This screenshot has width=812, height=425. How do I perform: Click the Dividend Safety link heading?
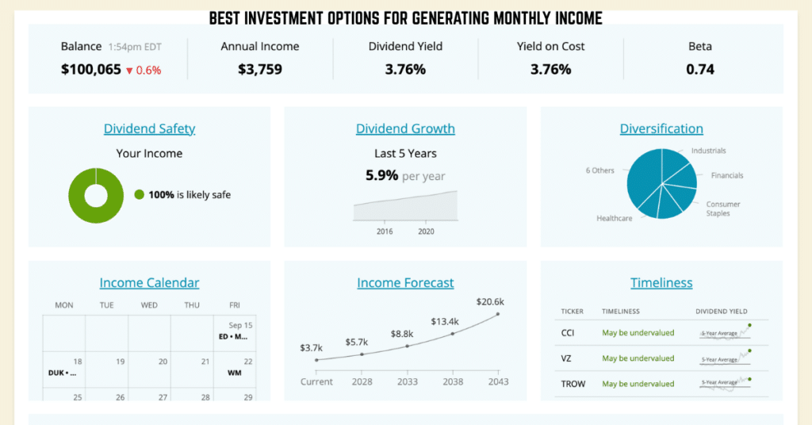click(x=149, y=128)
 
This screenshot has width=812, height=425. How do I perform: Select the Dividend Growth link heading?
click(x=405, y=128)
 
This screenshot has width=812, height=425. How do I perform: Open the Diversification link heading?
click(x=661, y=128)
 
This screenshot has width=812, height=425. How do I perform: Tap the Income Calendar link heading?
click(x=149, y=282)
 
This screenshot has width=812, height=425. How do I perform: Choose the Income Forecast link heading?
click(x=405, y=282)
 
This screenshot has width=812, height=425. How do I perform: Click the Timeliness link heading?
click(x=661, y=282)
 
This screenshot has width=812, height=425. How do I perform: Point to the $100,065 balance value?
click(x=91, y=70)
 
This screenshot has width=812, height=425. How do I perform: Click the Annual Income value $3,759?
click(x=260, y=70)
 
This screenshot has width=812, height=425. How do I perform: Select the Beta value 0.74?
click(x=700, y=70)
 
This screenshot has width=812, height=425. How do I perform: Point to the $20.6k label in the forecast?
click(x=490, y=301)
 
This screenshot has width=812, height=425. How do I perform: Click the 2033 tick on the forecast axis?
click(x=407, y=381)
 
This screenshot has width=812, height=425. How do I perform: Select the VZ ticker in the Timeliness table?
click(x=568, y=358)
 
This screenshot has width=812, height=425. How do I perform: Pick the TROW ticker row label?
click(x=573, y=384)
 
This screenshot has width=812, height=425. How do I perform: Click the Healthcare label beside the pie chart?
click(x=615, y=218)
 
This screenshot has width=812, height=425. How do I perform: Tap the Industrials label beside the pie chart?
click(x=708, y=151)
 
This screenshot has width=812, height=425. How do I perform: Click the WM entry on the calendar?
click(x=235, y=373)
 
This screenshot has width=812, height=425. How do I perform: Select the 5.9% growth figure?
click(x=381, y=175)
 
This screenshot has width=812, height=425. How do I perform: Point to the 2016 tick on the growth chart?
click(x=385, y=232)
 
